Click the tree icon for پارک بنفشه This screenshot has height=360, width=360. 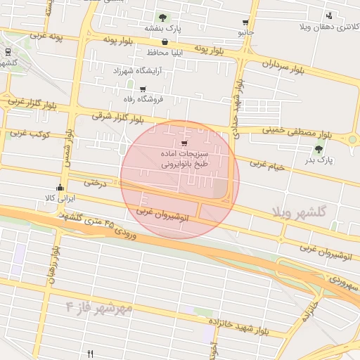click(163, 17)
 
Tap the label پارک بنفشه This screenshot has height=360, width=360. click(163, 28)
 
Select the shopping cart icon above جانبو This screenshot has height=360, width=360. click(245, 22)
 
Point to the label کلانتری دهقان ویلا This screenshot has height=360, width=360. click(330, 27)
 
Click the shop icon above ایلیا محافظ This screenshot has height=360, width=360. click(165, 41)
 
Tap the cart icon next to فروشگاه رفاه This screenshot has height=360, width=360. click(143, 89)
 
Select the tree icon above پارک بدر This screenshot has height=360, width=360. click(320, 149)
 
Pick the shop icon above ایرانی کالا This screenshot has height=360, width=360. click(60, 188)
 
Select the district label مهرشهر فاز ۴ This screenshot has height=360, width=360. click(99, 307)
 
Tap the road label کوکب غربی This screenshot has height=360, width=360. click(27, 133)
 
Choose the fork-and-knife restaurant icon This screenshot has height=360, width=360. click(90, 353)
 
